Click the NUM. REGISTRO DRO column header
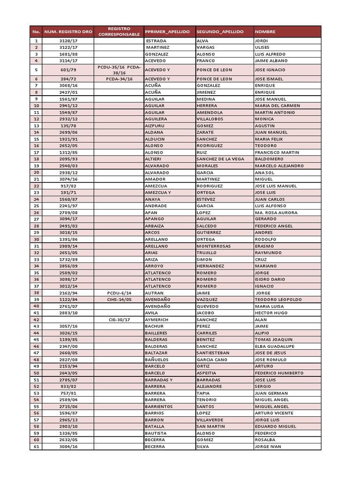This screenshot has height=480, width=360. (x=68, y=32)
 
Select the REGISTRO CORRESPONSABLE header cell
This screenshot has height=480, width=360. (x=119, y=31)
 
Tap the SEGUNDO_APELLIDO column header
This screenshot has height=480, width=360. (x=220, y=32)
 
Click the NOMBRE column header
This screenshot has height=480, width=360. (x=265, y=32)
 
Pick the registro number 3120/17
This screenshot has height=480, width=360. (x=68, y=41)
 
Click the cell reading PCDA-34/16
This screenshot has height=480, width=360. (x=119, y=79)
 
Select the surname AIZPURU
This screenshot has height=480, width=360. (x=155, y=126)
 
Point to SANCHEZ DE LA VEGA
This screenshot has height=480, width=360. (x=220, y=159)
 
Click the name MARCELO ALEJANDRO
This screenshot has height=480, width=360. (x=279, y=166)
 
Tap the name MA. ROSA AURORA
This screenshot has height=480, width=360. (x=277, y=212)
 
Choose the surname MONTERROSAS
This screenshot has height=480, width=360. (x=214, y=246)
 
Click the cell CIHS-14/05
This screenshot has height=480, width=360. (x=119, y=300)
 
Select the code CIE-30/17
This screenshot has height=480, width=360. (x=119, y=319)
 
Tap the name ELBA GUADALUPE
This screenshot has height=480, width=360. (x=274, y=346)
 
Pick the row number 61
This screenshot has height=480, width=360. (x=36, y=447)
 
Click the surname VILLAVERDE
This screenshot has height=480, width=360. (x=210, y=420)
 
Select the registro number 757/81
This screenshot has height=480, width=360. (x=68, y=393)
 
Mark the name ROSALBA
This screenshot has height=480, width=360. (x=265, y=440)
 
